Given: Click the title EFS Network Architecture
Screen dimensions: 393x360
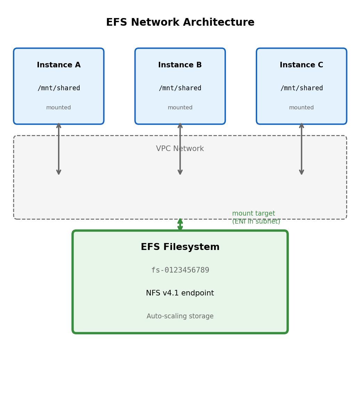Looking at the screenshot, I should (180, 23).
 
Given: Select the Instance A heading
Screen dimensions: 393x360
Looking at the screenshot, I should (59, 65).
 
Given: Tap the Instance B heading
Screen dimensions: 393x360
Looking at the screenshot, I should (180, 65).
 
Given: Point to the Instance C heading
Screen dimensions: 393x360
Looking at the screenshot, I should (301, 65).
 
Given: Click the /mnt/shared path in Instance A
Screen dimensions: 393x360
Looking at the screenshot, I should (59, 88).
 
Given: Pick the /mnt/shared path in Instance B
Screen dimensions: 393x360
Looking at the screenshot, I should (180, 88).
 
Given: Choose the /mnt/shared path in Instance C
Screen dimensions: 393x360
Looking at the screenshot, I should (301, 88).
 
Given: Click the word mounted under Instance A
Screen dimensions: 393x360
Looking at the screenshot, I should (59, 108).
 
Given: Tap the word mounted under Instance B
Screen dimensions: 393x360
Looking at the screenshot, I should (180, 108).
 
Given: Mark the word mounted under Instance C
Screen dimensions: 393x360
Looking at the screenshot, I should (301, 108).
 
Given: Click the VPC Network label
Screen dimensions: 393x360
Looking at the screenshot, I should (180, 149).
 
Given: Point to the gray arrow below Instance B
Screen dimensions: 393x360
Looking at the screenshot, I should (180, 163).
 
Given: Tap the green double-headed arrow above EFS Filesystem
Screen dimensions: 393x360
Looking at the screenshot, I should (180, 225).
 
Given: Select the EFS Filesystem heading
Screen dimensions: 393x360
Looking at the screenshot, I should (180, 248).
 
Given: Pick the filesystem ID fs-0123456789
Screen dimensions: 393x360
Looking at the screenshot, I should (180, 270).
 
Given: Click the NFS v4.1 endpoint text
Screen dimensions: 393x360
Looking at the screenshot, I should (180, 293).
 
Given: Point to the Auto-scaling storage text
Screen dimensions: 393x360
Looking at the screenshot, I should (180, 317).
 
